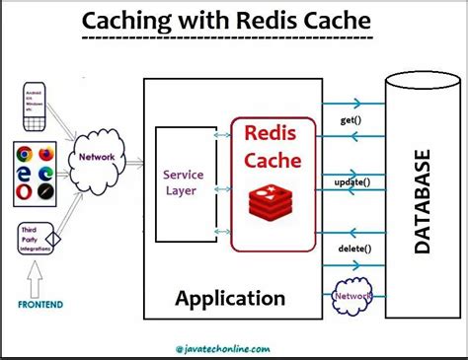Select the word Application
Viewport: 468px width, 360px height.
pos(231,298)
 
